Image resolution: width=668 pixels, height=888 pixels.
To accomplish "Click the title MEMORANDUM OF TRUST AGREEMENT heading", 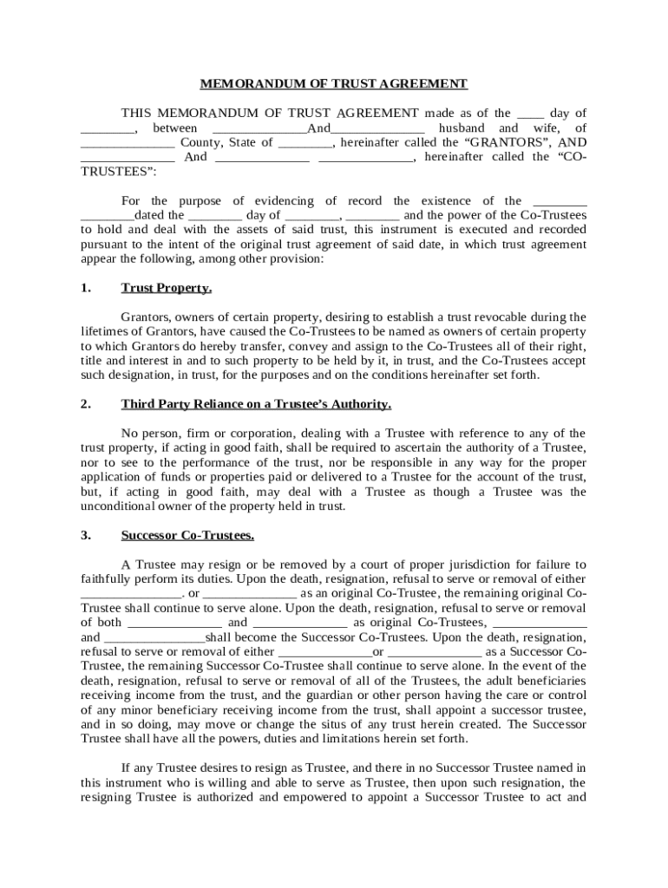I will pyautogui.click(x=334, y=84).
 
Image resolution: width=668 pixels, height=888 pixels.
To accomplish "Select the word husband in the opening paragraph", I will pyautogui.click(x=463, y=127).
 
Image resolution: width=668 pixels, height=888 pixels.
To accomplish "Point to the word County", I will pyautogui.click(x=201, y=142).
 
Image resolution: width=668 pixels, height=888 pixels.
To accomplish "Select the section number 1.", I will pyautogui.click(x=85, y=288).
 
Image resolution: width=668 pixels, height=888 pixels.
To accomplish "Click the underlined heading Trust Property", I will pyautogui.click(x=167, y=288).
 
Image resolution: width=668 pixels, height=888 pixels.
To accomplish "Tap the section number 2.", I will pyautogui.click(x=85, y=404).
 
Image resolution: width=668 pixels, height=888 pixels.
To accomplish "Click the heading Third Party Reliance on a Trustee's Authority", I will pyautogui.click(x=256, y=404).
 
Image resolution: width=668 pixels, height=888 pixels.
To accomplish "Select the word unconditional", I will pyautogui.click(x=118, y=506).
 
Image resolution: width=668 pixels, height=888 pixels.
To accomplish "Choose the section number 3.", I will pyautogui.click(x=85, y=535).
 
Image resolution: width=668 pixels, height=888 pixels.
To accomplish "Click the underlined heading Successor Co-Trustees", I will pyautogui.click(x=187, y=535).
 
